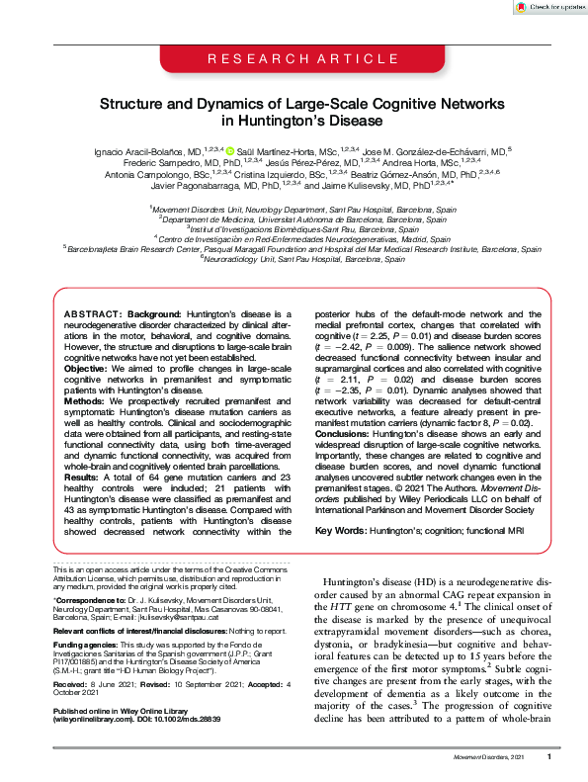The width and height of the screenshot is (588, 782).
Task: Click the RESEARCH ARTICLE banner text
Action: (294, 60)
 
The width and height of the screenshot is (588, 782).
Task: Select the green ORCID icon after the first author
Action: (230, 150)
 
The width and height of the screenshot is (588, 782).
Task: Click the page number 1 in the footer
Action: (549, 757)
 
